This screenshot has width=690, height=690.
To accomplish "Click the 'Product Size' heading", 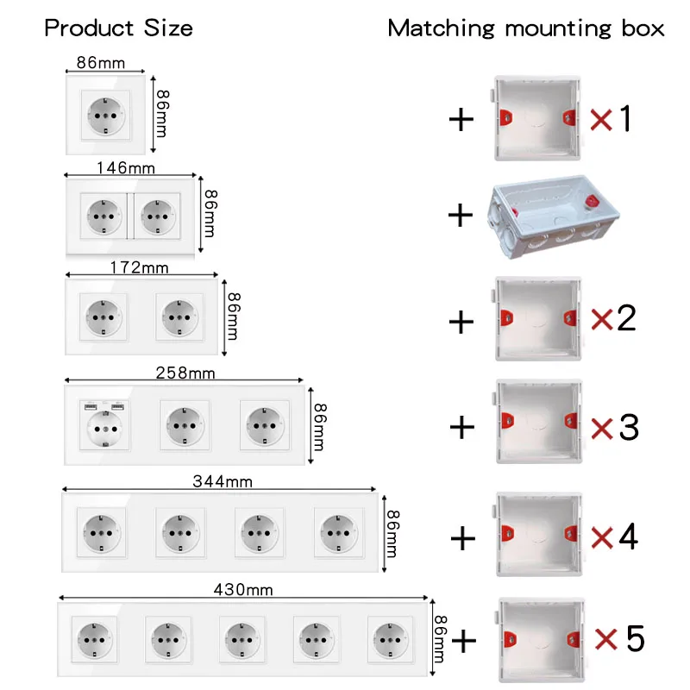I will tap(118, 28).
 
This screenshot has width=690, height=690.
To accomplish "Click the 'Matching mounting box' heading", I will tap(526, 28).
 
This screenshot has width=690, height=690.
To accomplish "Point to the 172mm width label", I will tap(139, 268).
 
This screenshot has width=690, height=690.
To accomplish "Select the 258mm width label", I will tap(185, 373).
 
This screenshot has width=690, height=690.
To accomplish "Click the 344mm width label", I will tap(223, 481).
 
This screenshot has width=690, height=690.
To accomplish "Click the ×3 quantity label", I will tap(615, 426).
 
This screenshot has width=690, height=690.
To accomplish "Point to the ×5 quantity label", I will tap(619, 639).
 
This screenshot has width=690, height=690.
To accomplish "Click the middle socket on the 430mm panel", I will tap(242, 639).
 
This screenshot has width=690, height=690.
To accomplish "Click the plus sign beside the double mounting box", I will tap(461, 216).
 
